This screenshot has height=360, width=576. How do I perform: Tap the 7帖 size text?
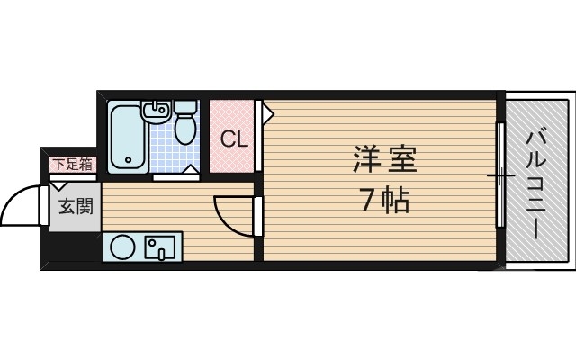coord(384,201)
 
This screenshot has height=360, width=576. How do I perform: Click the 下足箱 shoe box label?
coord(72,164)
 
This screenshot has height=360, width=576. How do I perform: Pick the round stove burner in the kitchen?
coord(123,246)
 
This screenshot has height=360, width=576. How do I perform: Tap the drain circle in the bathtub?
coord(128,162)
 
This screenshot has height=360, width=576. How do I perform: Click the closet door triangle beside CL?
coord(266,112)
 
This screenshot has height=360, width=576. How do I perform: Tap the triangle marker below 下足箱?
coord(58,185)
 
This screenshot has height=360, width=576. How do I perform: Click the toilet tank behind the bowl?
coord(185,109)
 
